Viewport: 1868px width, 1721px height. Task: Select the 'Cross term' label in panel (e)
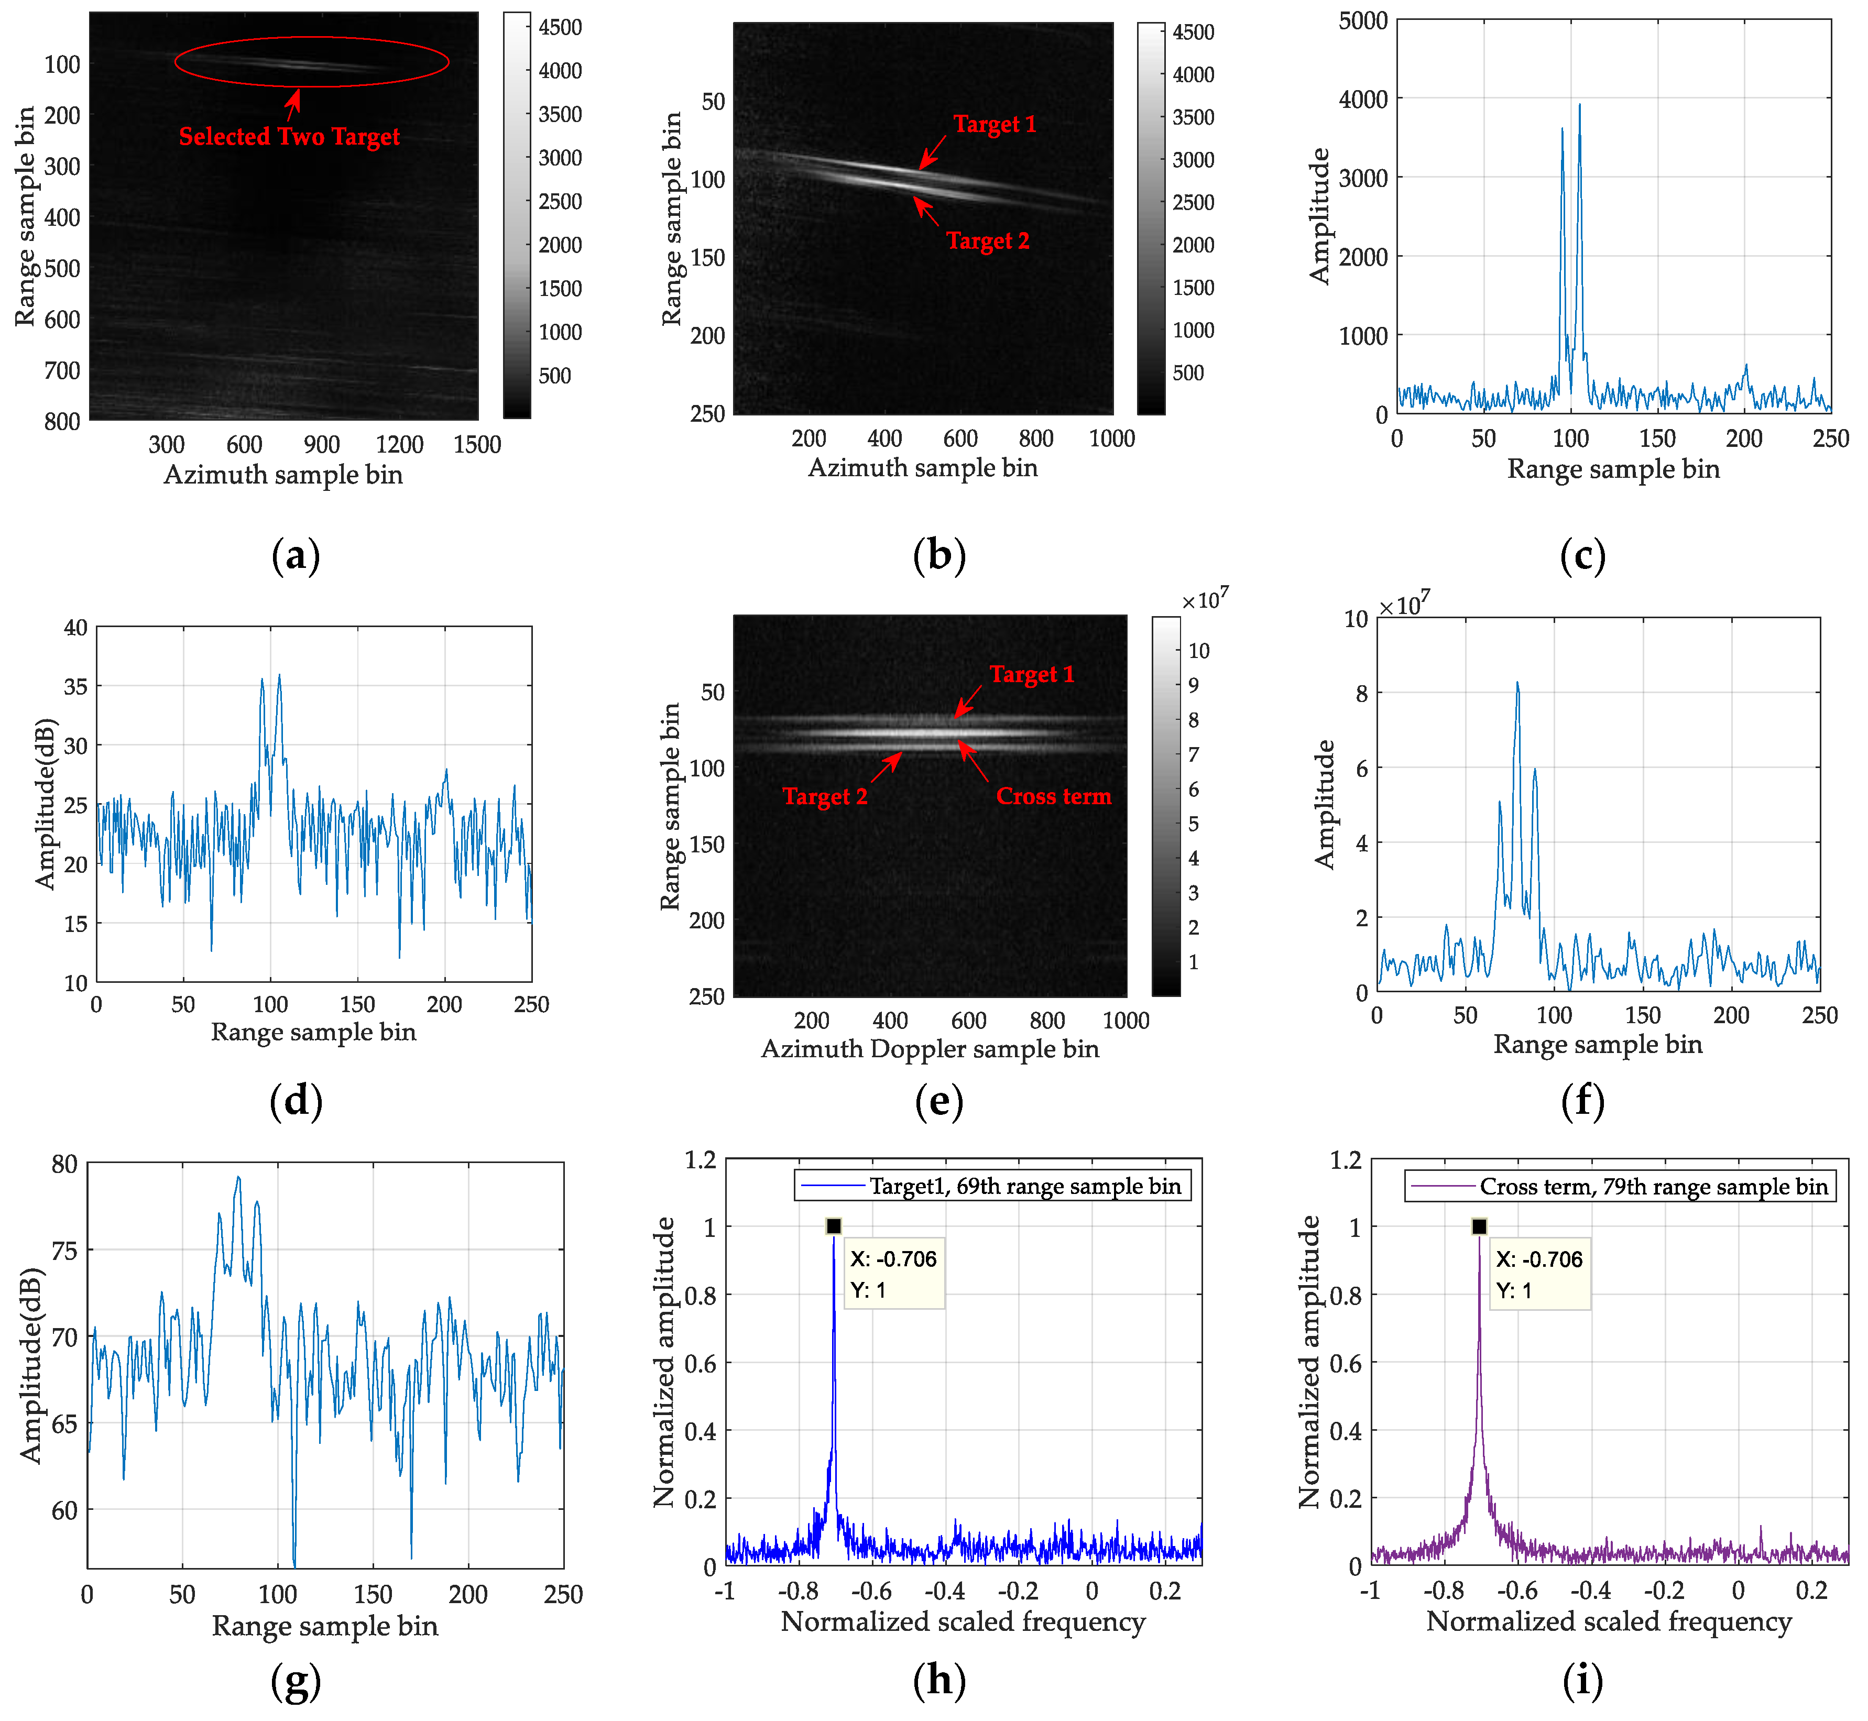coord(1053,796)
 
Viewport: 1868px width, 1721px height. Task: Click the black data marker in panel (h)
coord(834,1226)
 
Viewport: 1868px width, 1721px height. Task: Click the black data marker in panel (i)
coord(1479,1226)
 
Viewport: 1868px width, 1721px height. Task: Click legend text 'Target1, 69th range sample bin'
coord(1024,1186)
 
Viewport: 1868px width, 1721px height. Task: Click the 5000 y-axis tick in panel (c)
coord(1362,20)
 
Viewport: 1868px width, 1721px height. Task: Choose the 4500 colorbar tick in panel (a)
coord(560,27)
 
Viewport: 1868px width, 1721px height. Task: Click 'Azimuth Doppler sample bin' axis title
coord(930,1049)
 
